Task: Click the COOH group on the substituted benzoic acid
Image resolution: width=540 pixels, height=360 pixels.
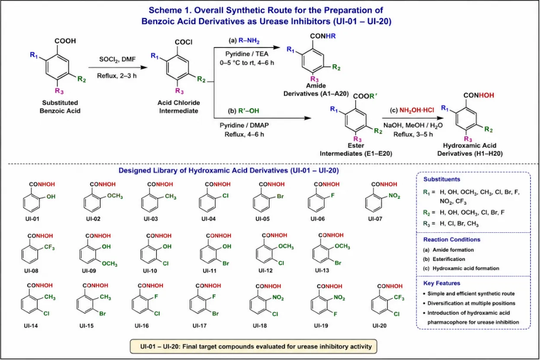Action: click(x=65, y=41)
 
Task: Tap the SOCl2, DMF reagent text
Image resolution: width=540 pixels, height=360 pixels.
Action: click(x=118, y=59)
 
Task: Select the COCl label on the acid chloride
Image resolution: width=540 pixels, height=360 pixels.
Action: click(x=183, y=42)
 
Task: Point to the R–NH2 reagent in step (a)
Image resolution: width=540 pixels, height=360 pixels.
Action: click(x=249, y=41)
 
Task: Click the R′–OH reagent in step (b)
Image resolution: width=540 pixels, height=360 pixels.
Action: click(x=249, y=111)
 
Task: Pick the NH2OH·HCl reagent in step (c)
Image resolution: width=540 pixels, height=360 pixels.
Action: click(x=417, y=110)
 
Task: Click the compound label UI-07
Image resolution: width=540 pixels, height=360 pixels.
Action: click(x=375, y=219)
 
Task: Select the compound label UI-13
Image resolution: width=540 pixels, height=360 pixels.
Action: click(x=322, y=270)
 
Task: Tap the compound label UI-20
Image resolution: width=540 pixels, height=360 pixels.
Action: click(x=380, y=326)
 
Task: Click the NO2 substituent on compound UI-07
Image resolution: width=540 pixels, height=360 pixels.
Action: click(x=394, y=196)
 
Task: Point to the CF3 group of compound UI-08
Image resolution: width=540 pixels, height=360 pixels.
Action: click(x=49, y=247)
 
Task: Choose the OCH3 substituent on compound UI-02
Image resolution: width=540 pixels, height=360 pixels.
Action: click(x=115, y=196)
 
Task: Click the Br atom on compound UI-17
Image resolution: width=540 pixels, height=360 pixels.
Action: click(x=215, y=314)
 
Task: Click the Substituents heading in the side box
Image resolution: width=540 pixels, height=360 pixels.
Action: click(x=442, y=179)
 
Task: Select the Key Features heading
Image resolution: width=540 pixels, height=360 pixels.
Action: click(x=442, y=283)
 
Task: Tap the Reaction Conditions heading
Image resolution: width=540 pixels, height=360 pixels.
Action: click(x=452, y=239)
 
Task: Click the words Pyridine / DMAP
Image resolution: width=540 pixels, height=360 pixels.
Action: click(x=244, y=125)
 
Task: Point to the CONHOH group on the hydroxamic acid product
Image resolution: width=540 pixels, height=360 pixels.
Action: click(x=479, y=95)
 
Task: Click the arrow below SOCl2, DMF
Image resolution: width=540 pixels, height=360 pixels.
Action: click(x=118, y=67)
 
